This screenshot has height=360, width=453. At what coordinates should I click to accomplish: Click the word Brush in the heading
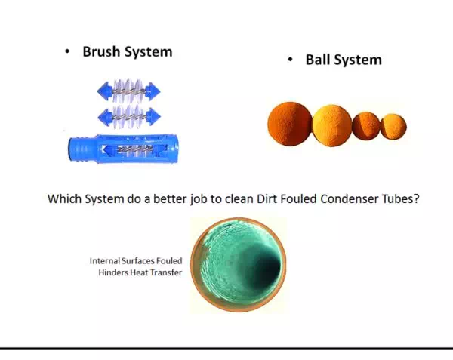101,52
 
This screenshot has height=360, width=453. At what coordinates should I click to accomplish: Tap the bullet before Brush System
67,52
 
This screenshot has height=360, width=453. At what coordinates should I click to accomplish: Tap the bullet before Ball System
291,60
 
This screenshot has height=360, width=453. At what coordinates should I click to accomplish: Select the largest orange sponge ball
290,124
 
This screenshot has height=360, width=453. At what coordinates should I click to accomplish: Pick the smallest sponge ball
393,127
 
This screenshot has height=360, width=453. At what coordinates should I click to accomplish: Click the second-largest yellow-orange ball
332,125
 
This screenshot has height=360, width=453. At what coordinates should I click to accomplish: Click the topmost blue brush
129,91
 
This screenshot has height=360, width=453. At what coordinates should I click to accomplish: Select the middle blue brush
129,116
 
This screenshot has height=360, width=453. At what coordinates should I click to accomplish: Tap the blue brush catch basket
123,149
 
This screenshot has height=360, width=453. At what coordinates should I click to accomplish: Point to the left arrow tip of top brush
97,91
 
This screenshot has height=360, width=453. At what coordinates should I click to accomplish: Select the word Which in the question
64,198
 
